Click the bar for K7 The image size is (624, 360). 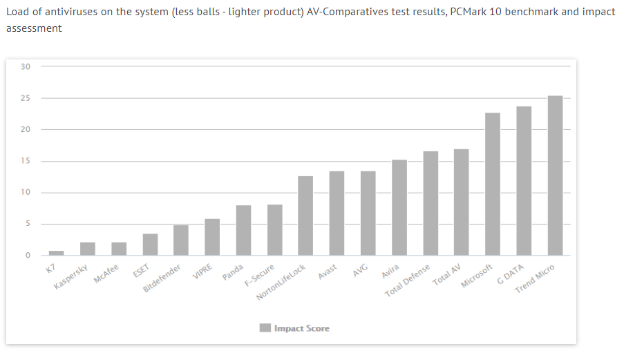(x=56, y=253)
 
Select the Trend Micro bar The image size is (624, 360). (x=555, y=176)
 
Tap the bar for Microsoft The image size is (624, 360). (x=493, y=184)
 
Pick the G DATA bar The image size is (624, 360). (x=524, y=181)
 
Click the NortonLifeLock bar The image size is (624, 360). (x=305, y=216)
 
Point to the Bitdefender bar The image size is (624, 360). (x=181, y=240)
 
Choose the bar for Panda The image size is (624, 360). (x=243, y=230)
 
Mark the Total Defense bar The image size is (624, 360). (x=431, y=203)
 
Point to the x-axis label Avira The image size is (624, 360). (x=390, y=269)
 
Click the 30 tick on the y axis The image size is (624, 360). (x=26, y=66)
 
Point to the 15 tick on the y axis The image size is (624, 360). (x=26, y=161)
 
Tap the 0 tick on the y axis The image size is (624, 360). (x=28, y=256)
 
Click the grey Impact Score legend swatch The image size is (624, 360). (x=265, y=328)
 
